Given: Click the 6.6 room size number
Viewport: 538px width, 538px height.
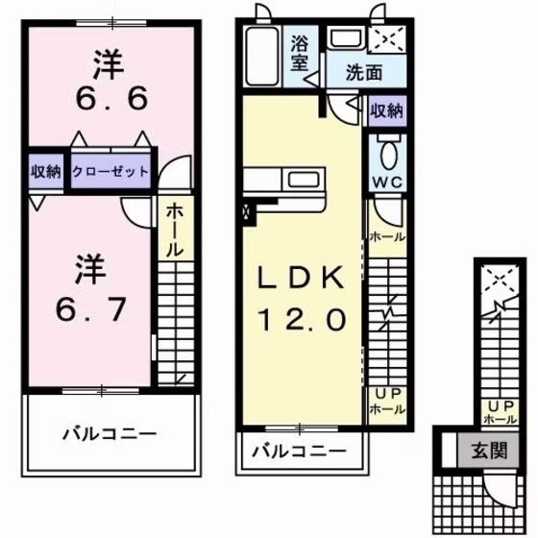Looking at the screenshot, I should (107, 98).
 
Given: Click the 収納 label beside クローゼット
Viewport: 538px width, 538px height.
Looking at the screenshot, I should (45, 172).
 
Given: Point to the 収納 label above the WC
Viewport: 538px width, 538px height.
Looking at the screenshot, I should (386, 110).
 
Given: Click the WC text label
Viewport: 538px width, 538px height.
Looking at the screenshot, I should (386, 180).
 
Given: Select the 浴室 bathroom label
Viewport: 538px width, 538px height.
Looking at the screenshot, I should (300, 53).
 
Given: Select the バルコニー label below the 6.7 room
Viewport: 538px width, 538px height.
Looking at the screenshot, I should (110, 433).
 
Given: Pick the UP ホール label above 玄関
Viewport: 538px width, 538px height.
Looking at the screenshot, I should (495, 412).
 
